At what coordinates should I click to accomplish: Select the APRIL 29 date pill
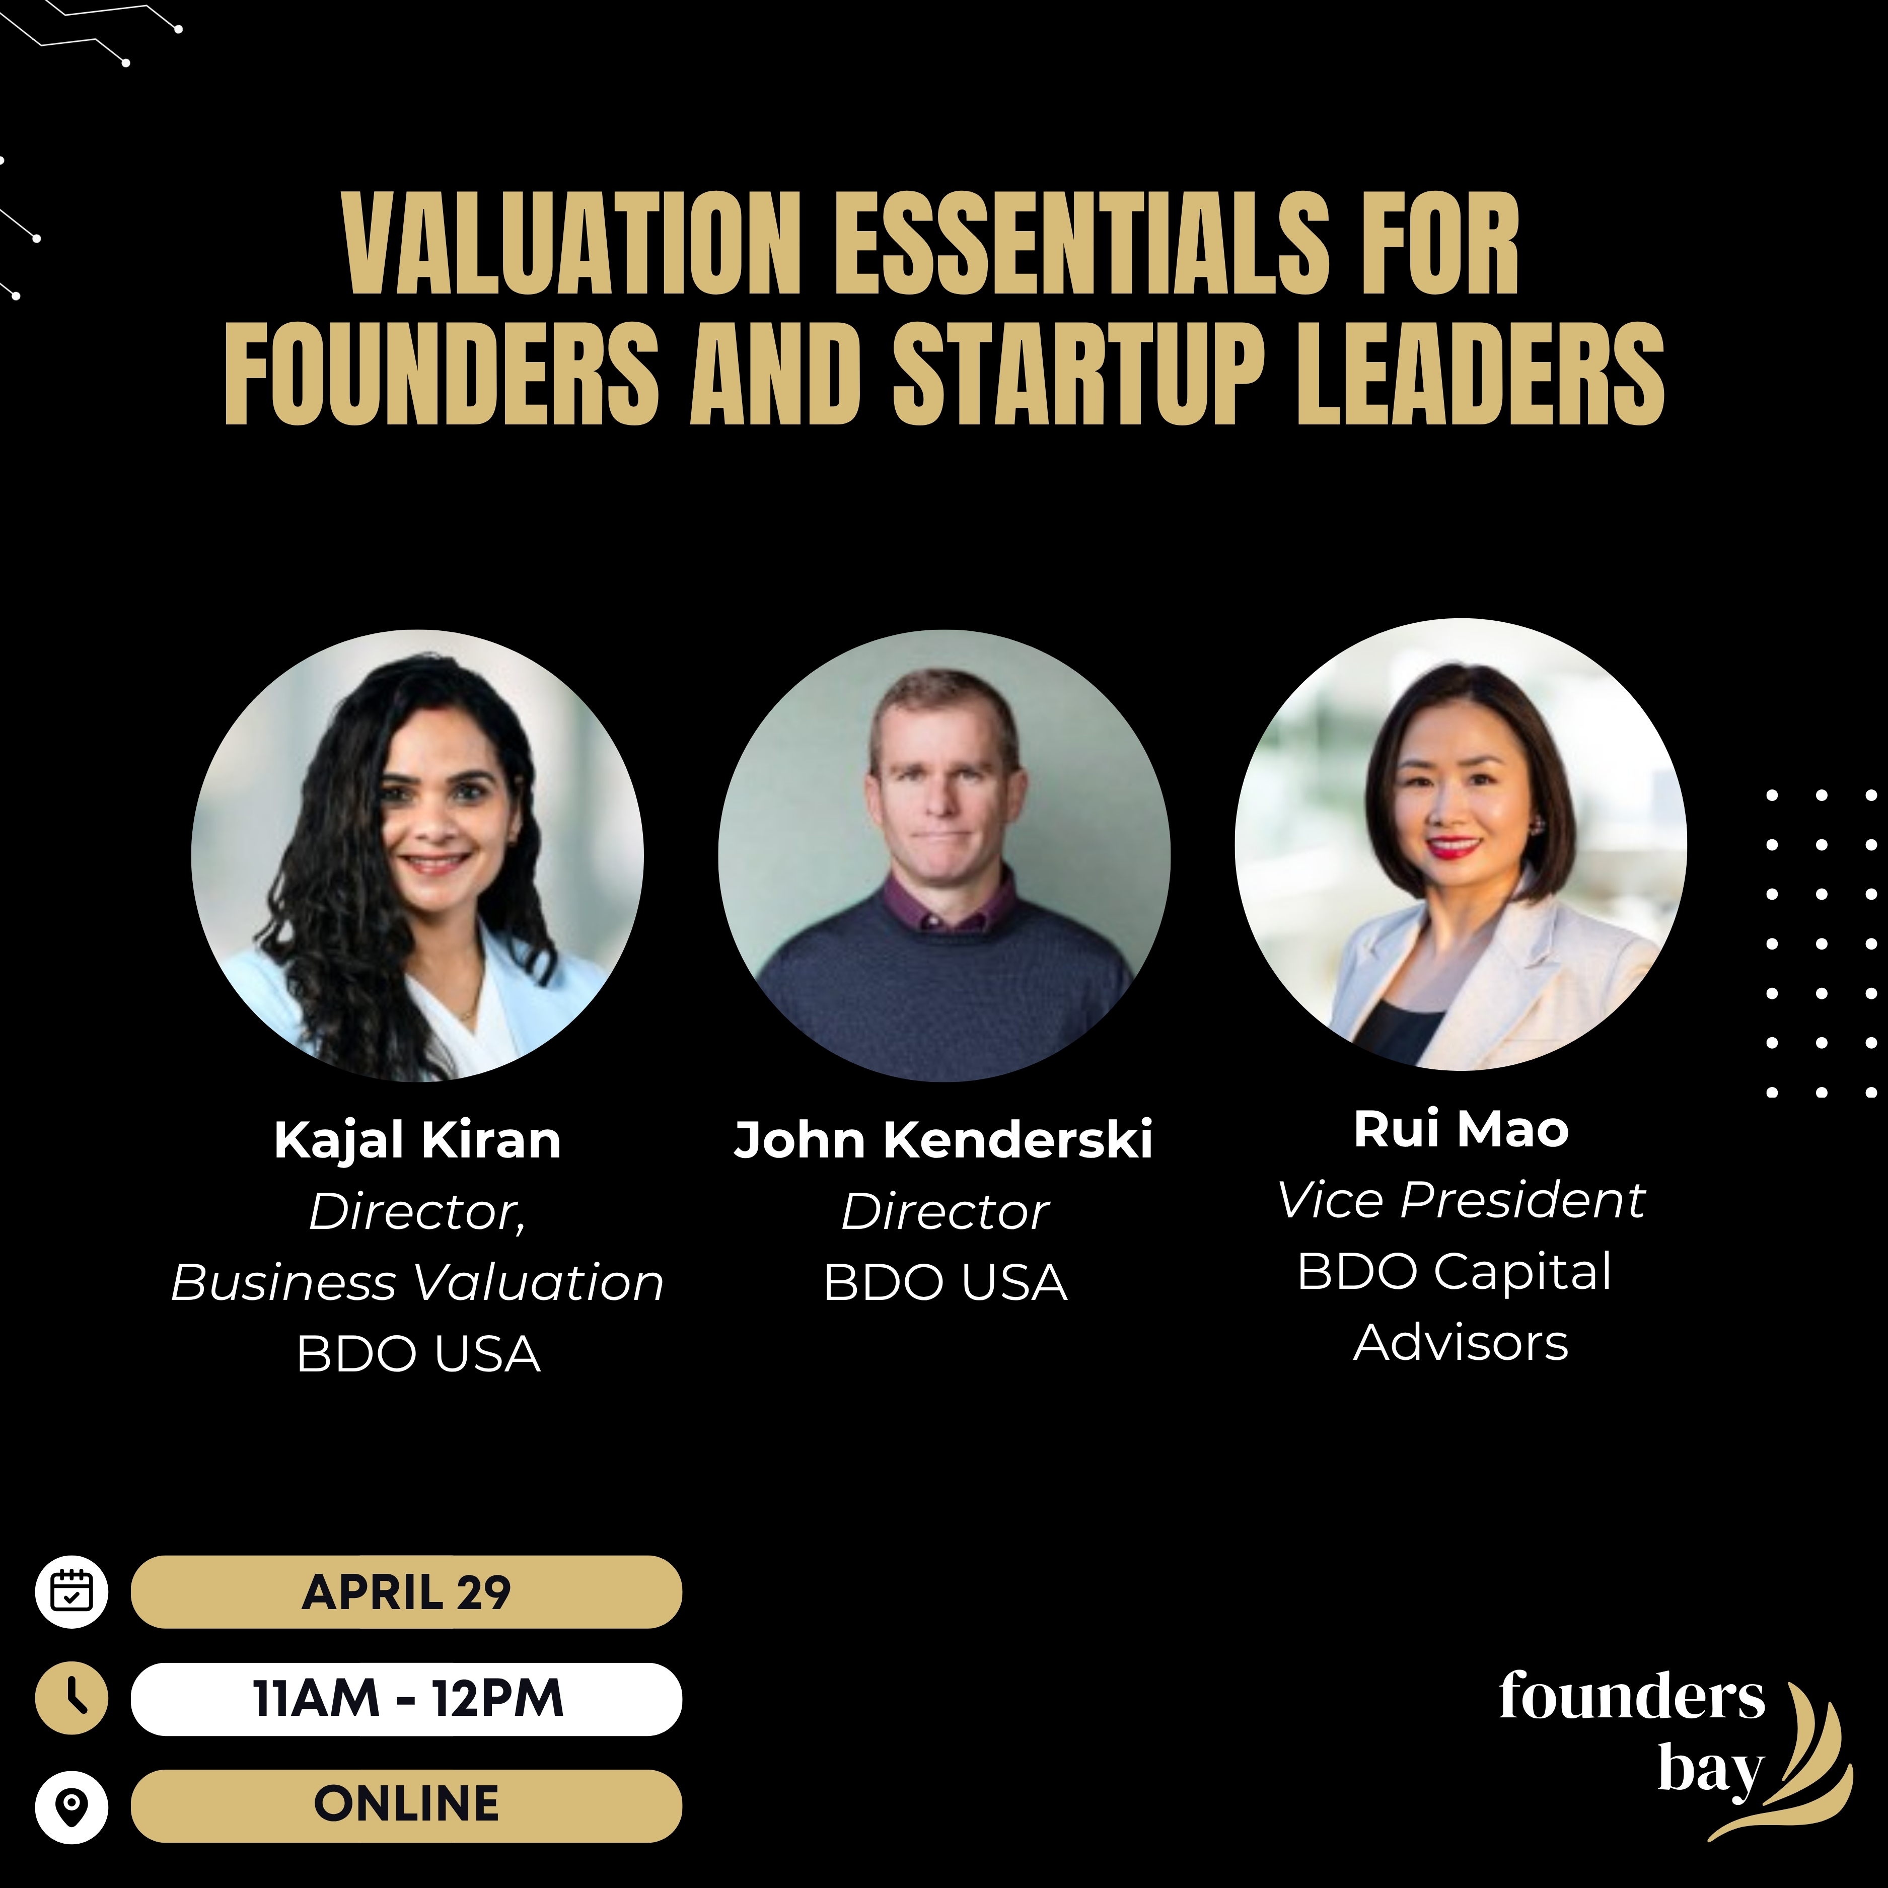406,1592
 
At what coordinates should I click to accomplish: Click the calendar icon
71,1592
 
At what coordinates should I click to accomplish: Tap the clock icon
71,1698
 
